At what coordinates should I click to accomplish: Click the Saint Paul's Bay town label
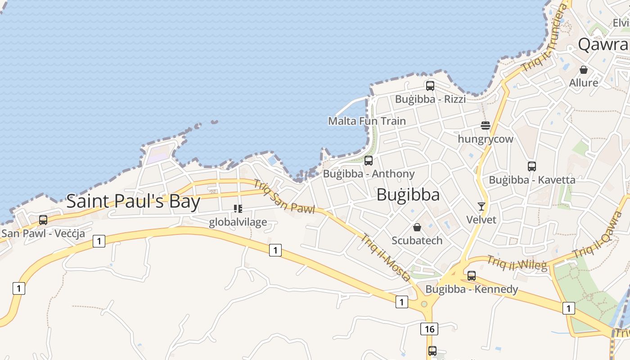(x=133, y=201)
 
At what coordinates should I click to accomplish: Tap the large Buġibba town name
(x=408, y=194)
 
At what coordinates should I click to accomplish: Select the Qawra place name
(x=603, y=44)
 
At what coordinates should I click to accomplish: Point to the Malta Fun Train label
(x=367, y=121)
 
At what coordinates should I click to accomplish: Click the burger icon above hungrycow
(x=485, y=125)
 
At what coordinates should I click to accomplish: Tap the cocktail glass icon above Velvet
(x=481, y=206)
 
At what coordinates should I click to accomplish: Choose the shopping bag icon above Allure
(x=584, y=70)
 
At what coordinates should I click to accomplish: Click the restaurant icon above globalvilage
(x=238, y=208)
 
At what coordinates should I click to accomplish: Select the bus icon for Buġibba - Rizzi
(x=430, y=85)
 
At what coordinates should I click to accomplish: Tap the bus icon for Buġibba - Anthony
(x=369, y=160)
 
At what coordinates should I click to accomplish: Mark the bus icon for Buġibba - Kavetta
(x=532, y=166)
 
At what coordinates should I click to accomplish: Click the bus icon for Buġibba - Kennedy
(x=472, y=275)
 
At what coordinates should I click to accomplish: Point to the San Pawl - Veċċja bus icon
(x=43, y=220)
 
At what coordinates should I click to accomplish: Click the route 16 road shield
(x=429, y=329)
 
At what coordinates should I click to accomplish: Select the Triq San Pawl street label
(x=284, y=196)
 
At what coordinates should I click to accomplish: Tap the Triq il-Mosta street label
(x=385, y=257)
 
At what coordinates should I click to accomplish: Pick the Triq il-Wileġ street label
(x=517, y=263)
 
